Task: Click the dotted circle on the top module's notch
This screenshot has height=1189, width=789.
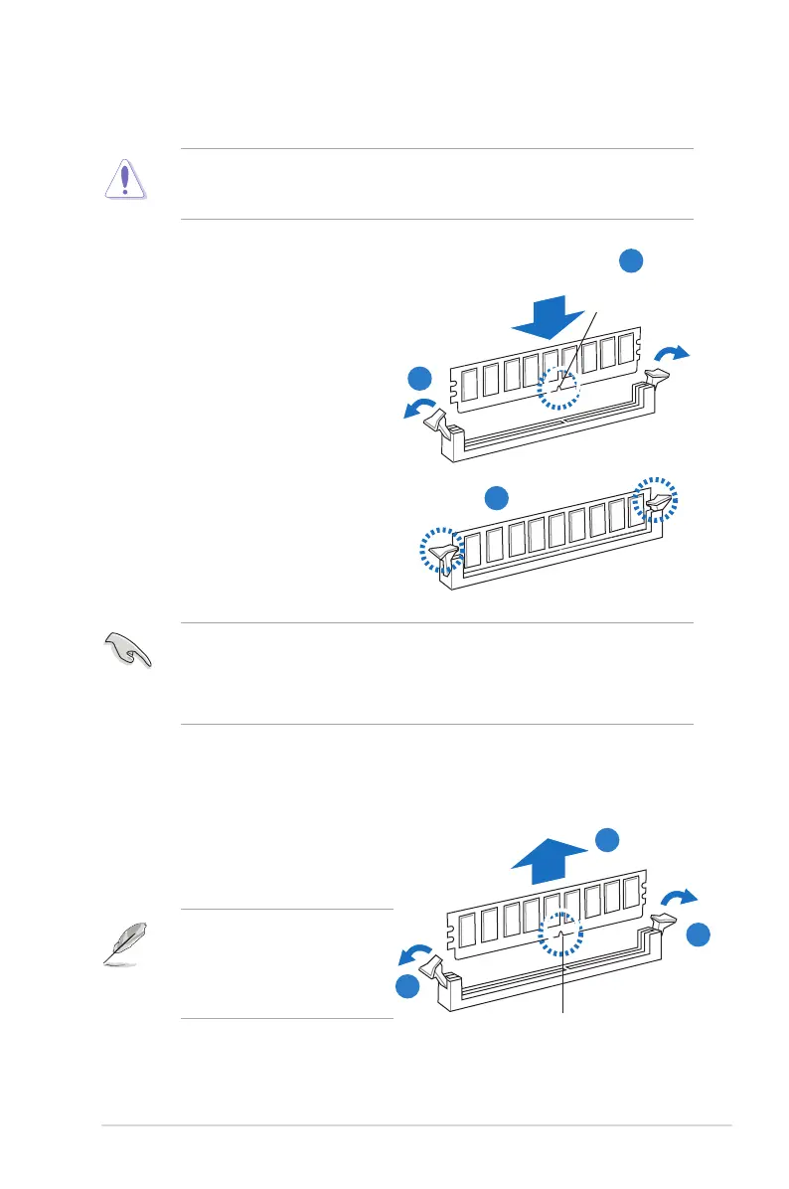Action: [558, 390]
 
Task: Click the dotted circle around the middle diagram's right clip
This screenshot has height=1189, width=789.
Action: [655, 500]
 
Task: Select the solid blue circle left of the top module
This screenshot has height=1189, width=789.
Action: [421, 379]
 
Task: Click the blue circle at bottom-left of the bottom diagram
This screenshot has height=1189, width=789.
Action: [404, 985]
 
